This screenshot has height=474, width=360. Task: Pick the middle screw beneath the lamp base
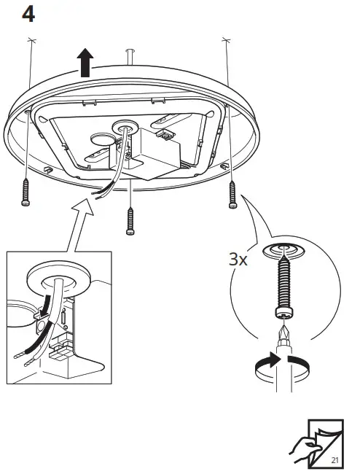(x=130, y=219)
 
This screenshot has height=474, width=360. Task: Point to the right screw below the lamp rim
(x=232, y=195)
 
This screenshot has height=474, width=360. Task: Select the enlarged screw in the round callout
(x=283, y=289)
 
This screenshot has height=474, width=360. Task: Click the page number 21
(x=334, y=460)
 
